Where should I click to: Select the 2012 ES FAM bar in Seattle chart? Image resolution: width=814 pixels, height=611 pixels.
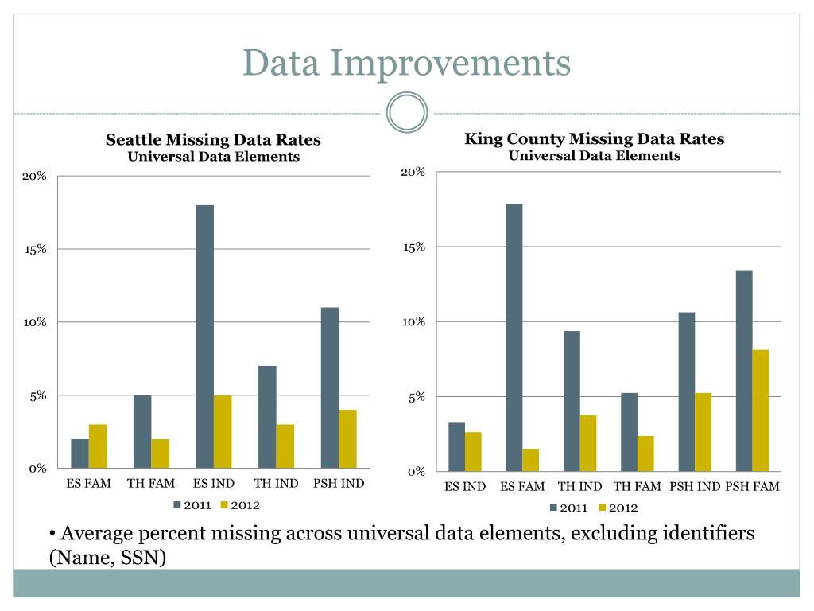click(x=97, y=446)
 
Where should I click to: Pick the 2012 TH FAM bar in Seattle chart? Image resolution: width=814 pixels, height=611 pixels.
click(x=160, y=453)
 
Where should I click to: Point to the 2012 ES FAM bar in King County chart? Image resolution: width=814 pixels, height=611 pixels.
click(x=530, y=461)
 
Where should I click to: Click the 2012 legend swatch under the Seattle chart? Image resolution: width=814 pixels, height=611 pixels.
click(x=224, y=505)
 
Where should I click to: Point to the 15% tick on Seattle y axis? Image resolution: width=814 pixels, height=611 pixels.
click(x=36, y=249)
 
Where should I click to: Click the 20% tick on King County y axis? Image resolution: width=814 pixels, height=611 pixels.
click(x=413, y=173)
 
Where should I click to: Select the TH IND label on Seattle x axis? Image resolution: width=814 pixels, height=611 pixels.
click(x=276, y=483)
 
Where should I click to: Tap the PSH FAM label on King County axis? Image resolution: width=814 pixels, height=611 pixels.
click(x=752, y=486)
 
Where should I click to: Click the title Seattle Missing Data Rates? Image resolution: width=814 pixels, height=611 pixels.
click(x=213, y=140)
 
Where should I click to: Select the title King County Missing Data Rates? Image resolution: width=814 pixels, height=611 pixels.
click(x=594, y=139)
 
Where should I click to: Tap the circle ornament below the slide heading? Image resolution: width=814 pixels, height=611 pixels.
click(x=407, y=112)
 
